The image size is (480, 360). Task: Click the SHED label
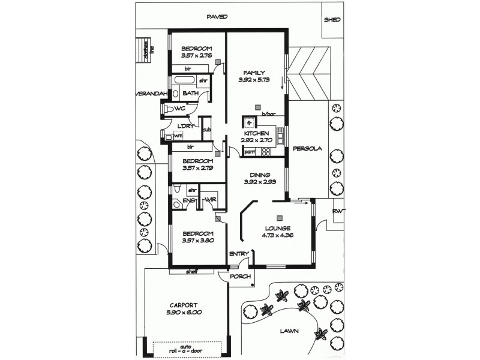[332, 19]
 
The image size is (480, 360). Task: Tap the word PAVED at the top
[217, 17]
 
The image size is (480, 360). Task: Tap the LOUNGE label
[277, 228]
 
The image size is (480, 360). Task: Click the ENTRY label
[239, 254]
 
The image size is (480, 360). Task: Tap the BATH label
[191, 93]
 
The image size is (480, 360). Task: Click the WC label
[179, 109]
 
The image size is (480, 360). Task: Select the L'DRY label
[185, 125]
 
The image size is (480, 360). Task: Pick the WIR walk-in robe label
[211, 199]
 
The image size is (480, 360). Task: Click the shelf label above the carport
[192, 271]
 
